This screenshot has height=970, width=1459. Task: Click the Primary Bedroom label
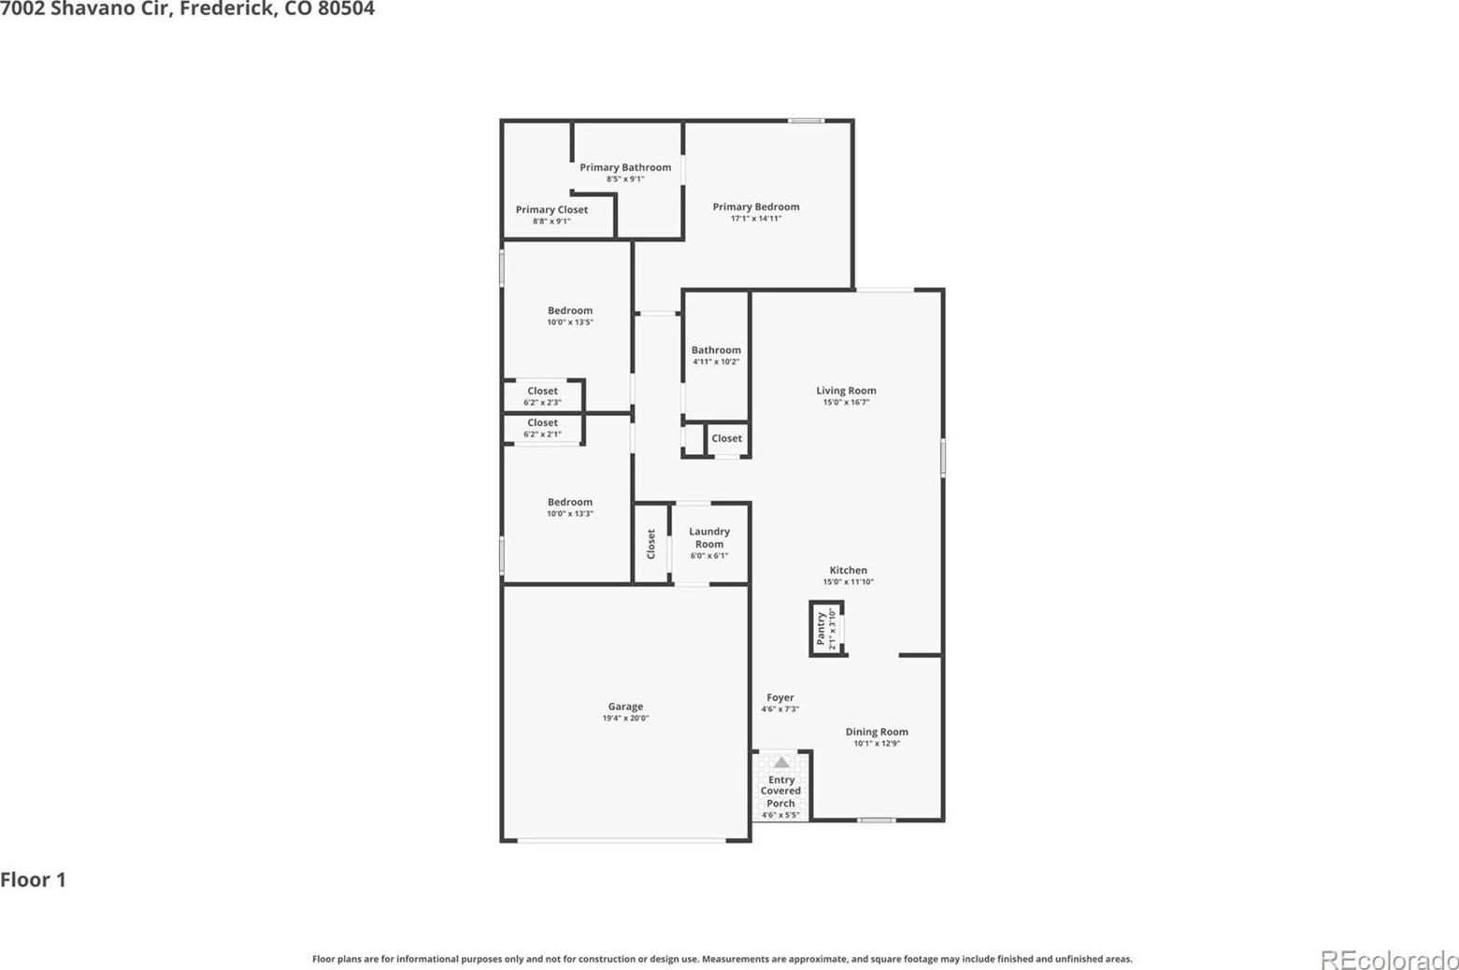[x=755, y=207]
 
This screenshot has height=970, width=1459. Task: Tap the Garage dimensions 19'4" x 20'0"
[x=625, y=718]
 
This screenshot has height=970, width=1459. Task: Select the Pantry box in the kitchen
[x=827, y=628]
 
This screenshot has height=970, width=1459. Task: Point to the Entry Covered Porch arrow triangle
[x=781, y=763]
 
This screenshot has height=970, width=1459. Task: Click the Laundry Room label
[x=709, y=537]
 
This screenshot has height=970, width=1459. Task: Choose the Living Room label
[x=846, y=391]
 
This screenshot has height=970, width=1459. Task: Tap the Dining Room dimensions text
[x=877, y=744]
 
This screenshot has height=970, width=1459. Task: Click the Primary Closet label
[x=551, y=209]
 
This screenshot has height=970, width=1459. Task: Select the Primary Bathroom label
[x=625, y=167]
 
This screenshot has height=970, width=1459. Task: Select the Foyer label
[x=780, y=697]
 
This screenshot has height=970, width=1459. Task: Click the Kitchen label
[x=848, y=570]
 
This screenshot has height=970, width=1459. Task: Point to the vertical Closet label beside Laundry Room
[x=651, y=544]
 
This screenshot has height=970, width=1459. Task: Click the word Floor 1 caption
[x=34, y=879]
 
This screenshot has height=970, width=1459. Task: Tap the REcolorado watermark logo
[x=1389, y=961]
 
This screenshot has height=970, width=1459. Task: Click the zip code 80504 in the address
[x=346, y=9]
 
